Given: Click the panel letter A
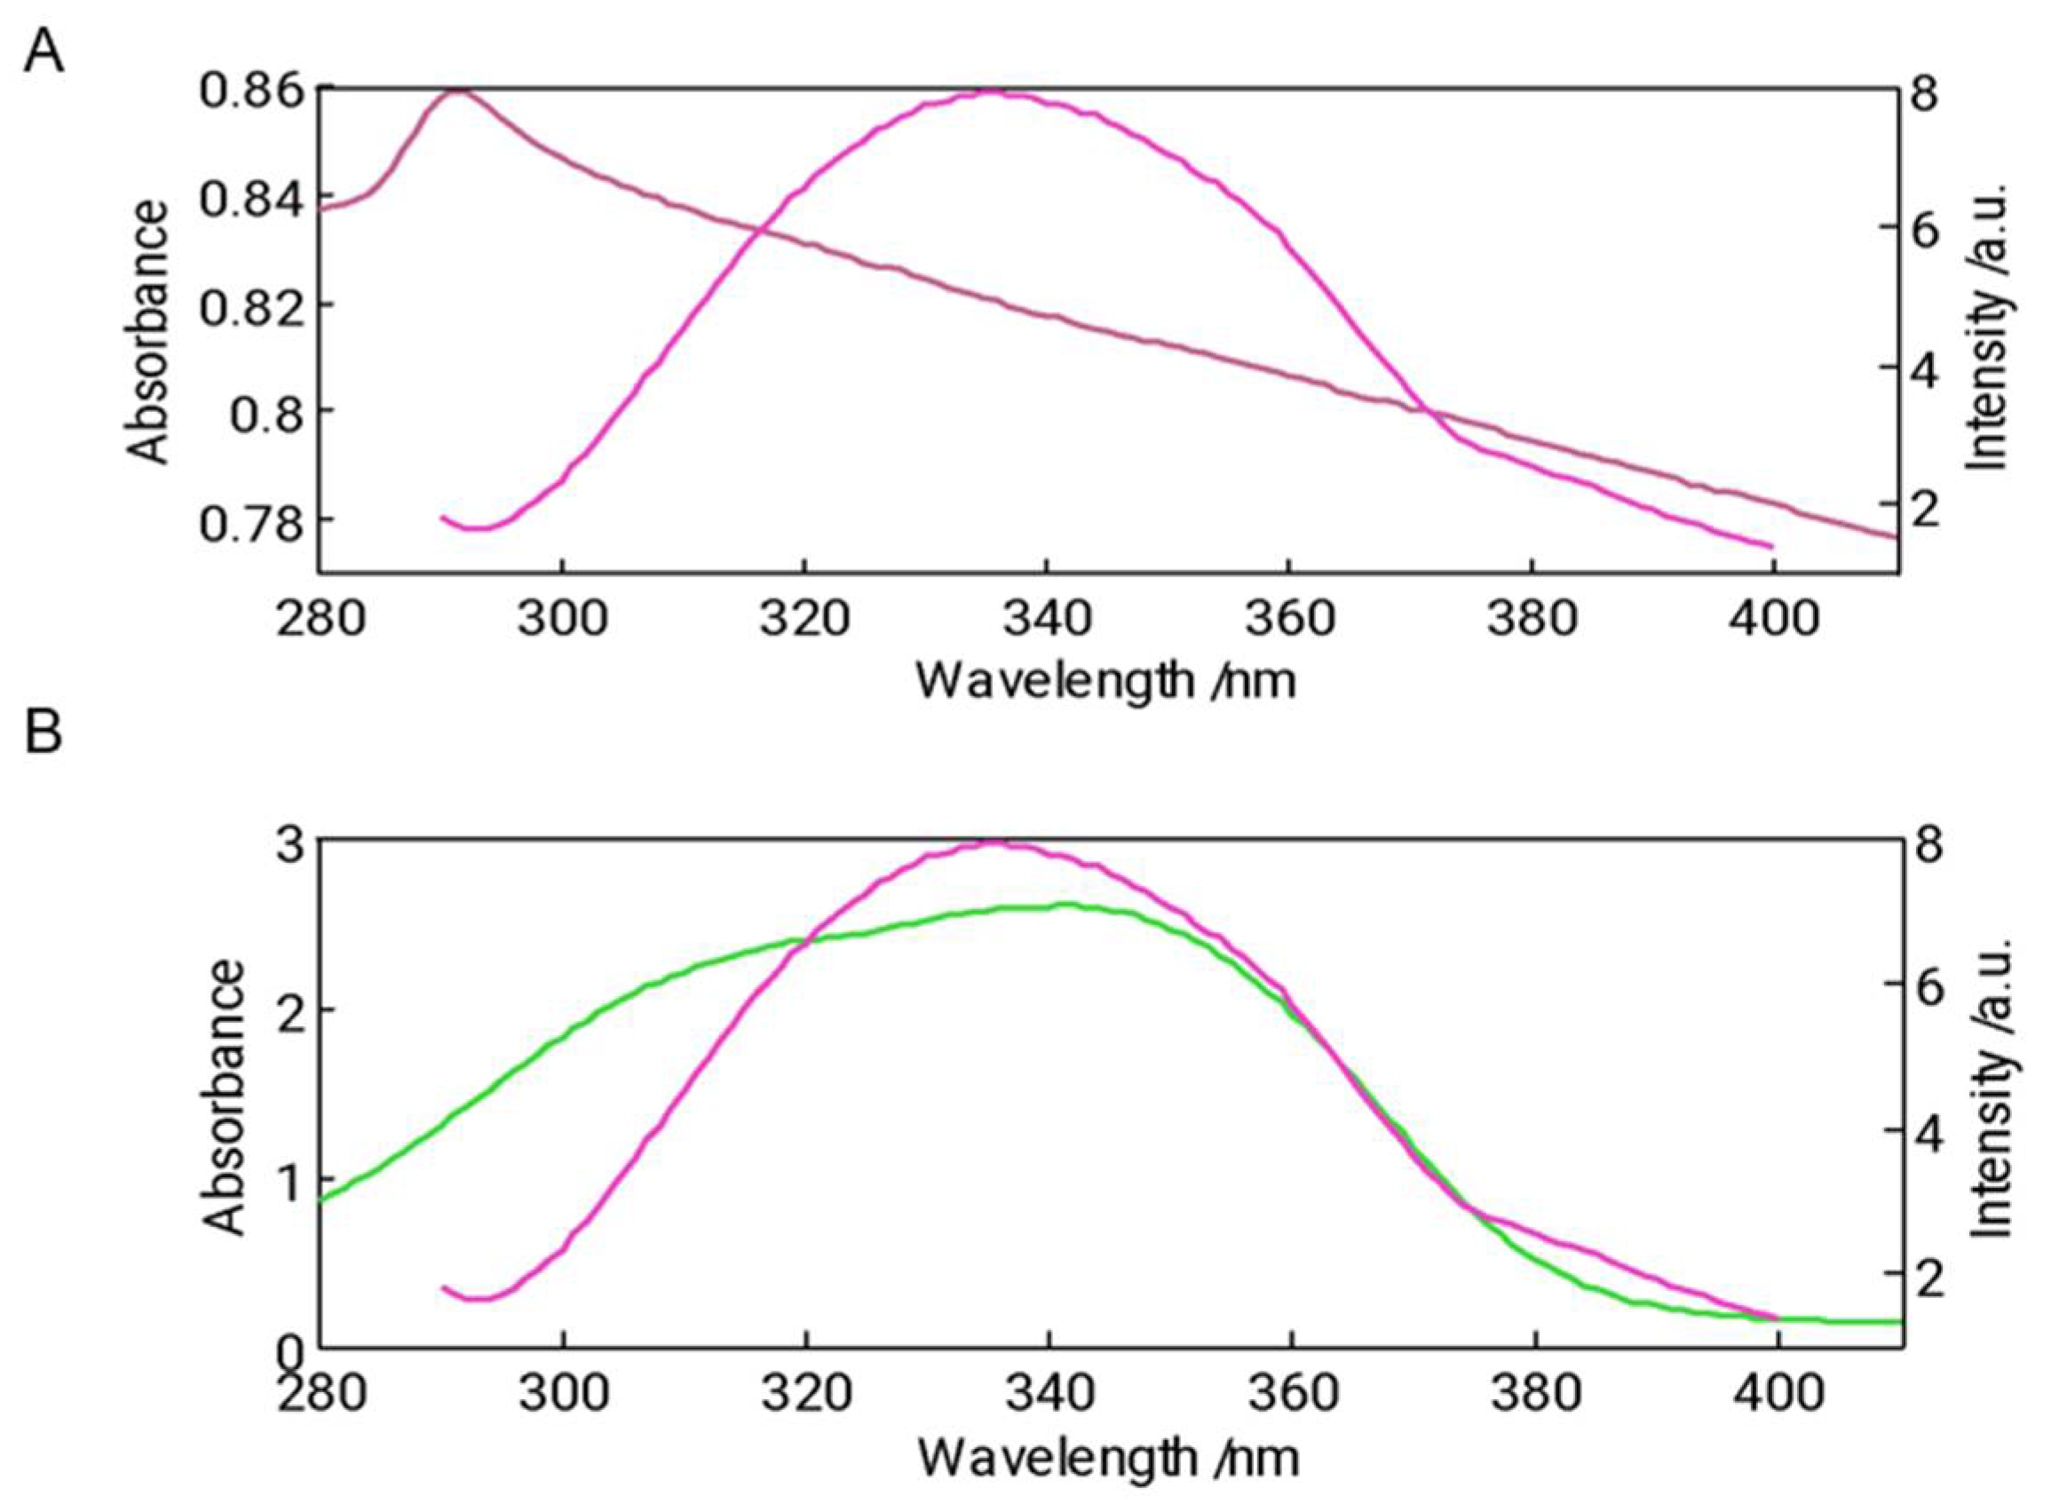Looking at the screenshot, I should (43, 52).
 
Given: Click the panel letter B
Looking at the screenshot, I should (42, 732).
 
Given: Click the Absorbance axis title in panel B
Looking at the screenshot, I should (222, 1097).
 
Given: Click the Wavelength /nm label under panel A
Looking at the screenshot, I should (1105, 681).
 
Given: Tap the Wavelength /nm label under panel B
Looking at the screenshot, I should (1107, 1457).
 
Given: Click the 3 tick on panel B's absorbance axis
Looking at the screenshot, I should (290, 844).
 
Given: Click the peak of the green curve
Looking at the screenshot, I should (1065, 905).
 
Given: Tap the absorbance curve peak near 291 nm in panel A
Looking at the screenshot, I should (457, 91).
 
